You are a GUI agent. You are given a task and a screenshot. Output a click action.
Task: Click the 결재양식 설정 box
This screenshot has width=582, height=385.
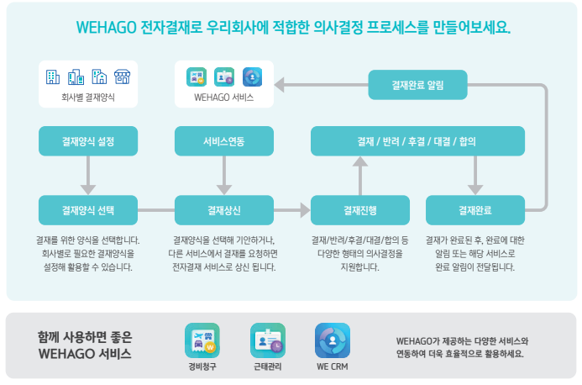[88, 141]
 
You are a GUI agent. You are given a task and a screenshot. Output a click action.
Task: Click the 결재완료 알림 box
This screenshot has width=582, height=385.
[417, 84]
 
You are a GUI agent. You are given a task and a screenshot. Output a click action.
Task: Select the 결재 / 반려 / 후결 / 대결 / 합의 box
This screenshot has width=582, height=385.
[417, 141]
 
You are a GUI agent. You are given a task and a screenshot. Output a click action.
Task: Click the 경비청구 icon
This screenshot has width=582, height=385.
[202, 340]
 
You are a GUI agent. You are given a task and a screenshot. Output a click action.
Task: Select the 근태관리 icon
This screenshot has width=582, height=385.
[268, 340]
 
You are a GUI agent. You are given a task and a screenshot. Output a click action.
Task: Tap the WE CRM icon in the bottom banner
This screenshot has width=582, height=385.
[332, 340]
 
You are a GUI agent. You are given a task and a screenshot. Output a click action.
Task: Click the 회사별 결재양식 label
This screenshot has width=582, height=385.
[88, 98]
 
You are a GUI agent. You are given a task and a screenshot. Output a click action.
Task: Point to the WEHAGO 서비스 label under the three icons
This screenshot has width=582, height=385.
[223, 98]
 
